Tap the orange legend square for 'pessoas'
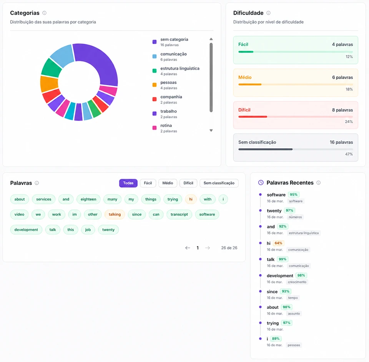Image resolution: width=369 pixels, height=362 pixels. point(155,85)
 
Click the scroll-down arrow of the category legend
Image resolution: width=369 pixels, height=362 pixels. point(211,131)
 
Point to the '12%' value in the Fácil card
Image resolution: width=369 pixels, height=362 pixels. point(349,57)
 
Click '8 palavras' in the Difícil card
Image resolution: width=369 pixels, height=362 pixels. point(342,110)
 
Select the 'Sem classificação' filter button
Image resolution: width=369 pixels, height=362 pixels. point(219,183)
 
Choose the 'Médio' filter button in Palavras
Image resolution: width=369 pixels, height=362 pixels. point(168,183)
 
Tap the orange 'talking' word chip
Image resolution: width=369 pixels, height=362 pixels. point(115,215)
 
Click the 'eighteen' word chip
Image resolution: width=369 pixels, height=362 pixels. point(88,199)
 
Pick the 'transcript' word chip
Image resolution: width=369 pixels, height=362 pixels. point(179,215)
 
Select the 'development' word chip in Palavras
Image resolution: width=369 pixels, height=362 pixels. point(26,230)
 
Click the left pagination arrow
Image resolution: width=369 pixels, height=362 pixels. point(188,248)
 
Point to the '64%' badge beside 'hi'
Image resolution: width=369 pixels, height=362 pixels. point(278,243)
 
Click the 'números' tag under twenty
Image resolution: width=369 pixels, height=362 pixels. point(295,217)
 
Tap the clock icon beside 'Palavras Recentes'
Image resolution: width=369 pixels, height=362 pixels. point(261,183)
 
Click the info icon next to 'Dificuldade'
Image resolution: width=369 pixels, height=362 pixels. point(268,13)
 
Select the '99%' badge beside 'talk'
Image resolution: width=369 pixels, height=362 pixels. point(283,259)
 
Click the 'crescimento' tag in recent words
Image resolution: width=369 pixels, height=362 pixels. point(297,282)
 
